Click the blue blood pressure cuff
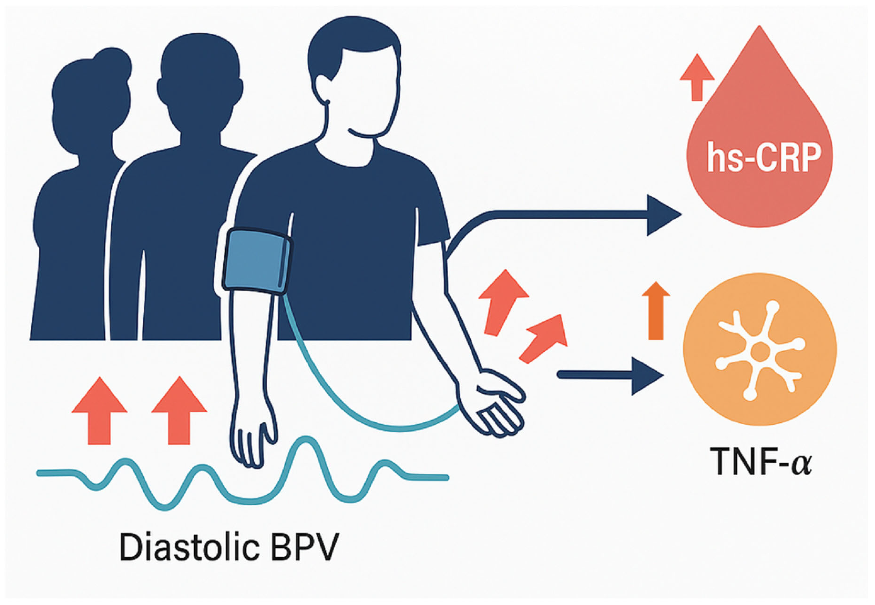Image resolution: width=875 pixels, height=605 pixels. tap(257, 262)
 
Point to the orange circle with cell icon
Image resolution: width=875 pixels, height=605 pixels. tap(760, 349)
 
